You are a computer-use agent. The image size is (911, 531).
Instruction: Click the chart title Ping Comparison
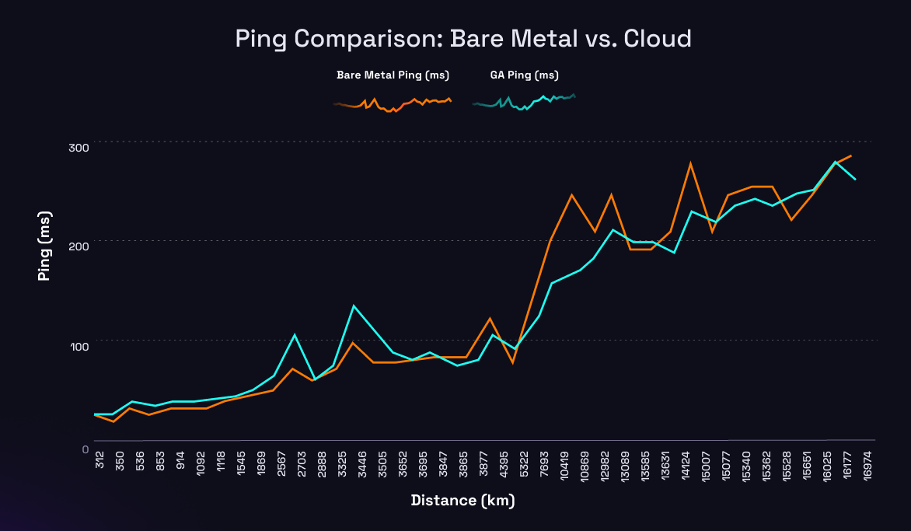[463, 38]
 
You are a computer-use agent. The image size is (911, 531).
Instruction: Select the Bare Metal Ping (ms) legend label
[393, 75]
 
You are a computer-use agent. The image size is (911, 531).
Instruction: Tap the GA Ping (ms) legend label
[525, 75]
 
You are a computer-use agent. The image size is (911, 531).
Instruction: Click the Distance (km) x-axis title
[462, 500]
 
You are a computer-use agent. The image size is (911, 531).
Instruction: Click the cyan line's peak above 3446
[354, 306]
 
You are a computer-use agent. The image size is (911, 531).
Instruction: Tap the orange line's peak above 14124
[690, 163]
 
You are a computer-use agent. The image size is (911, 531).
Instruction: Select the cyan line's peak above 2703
[295, 334]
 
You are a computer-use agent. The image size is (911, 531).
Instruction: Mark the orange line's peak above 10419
[571, 194]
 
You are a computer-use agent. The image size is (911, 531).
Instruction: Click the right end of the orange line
[851, 155]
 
